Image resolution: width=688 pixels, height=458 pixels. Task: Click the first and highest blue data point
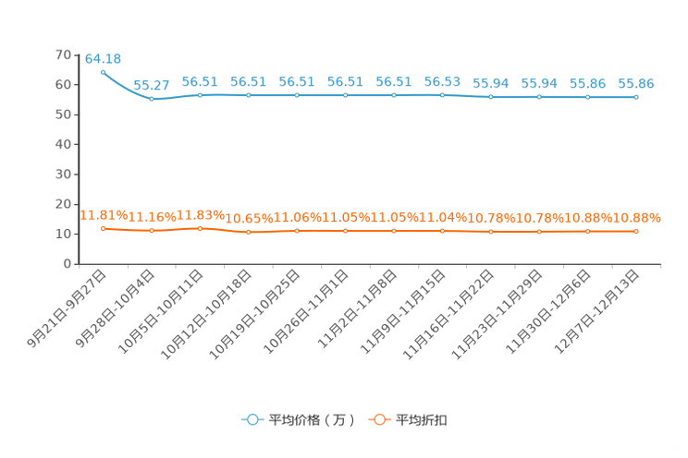point(103,71)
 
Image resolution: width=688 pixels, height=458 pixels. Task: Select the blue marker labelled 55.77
point(152,98)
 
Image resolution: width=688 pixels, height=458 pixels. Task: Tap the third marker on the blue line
point(200,94)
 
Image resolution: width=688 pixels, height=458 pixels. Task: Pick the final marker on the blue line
point(635,96)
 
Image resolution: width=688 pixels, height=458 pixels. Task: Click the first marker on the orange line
point(103,227)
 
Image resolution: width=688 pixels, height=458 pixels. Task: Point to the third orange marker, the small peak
point(200,227)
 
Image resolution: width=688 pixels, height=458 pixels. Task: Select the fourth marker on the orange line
point(248,232)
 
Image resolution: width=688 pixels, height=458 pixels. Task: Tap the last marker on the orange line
point(635,231)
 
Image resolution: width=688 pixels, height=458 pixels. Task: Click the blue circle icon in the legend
point(252,419)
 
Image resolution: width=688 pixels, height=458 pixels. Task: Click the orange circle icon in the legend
point(379,419)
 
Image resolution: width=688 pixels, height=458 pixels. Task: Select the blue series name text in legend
point(312,420)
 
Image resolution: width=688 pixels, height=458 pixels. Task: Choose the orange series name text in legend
point(423,420)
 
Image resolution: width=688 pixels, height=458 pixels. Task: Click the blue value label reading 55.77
point(152,86)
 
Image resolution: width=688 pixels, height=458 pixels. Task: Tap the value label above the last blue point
point(635,83)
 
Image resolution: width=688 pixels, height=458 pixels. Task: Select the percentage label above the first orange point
point(102,214)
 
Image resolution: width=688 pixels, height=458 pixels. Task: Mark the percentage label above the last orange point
point(638,218)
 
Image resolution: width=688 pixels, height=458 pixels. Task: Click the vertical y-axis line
point(76,157)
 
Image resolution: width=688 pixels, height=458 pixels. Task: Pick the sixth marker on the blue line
point(345,94)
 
